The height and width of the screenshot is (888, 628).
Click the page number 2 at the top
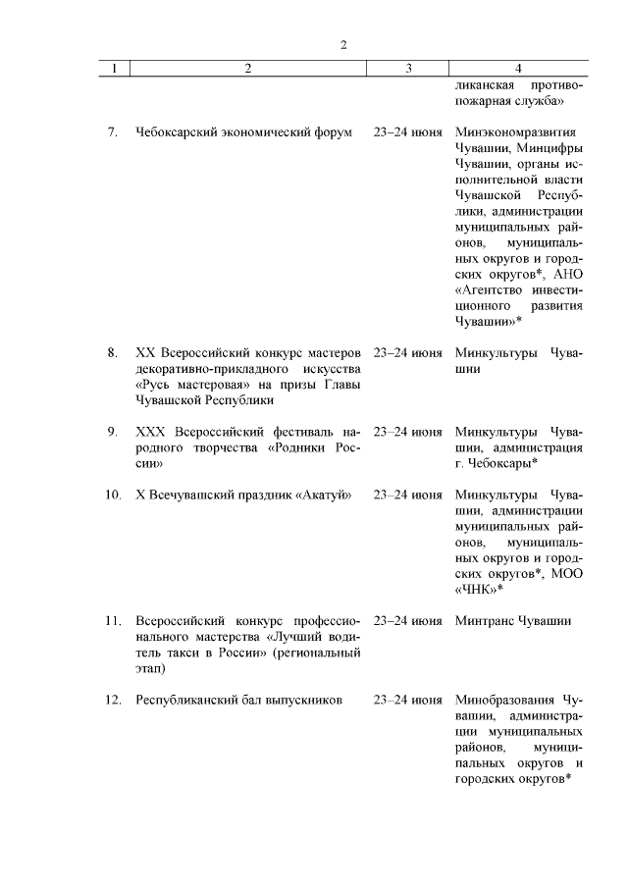(x=342, y=44)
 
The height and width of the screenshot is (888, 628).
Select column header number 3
(x=407, y=69)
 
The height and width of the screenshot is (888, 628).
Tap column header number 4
(x=518, y=69)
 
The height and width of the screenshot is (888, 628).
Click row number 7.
(x=113, y=131)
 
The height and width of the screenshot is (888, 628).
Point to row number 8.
(x=113, y=352)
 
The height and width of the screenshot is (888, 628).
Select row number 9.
(x=113, y=432)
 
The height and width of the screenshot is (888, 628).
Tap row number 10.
(x=113, y=493)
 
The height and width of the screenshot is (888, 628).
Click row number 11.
(x=113, y=621)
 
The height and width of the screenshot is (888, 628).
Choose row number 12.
(x=113, y=701)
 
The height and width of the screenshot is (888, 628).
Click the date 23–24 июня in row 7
(x=407, y=131)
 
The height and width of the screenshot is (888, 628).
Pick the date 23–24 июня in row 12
(x=407, y=701)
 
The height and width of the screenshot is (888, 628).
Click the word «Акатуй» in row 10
(x=323, y=493)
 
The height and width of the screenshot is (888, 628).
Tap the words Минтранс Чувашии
(x=513, y=621)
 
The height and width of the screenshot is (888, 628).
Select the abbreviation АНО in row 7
(x=568, y=273)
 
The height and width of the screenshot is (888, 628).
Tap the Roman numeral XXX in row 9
(x=151, y=432)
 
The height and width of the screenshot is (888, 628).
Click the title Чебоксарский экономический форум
(x=243, y=131)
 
